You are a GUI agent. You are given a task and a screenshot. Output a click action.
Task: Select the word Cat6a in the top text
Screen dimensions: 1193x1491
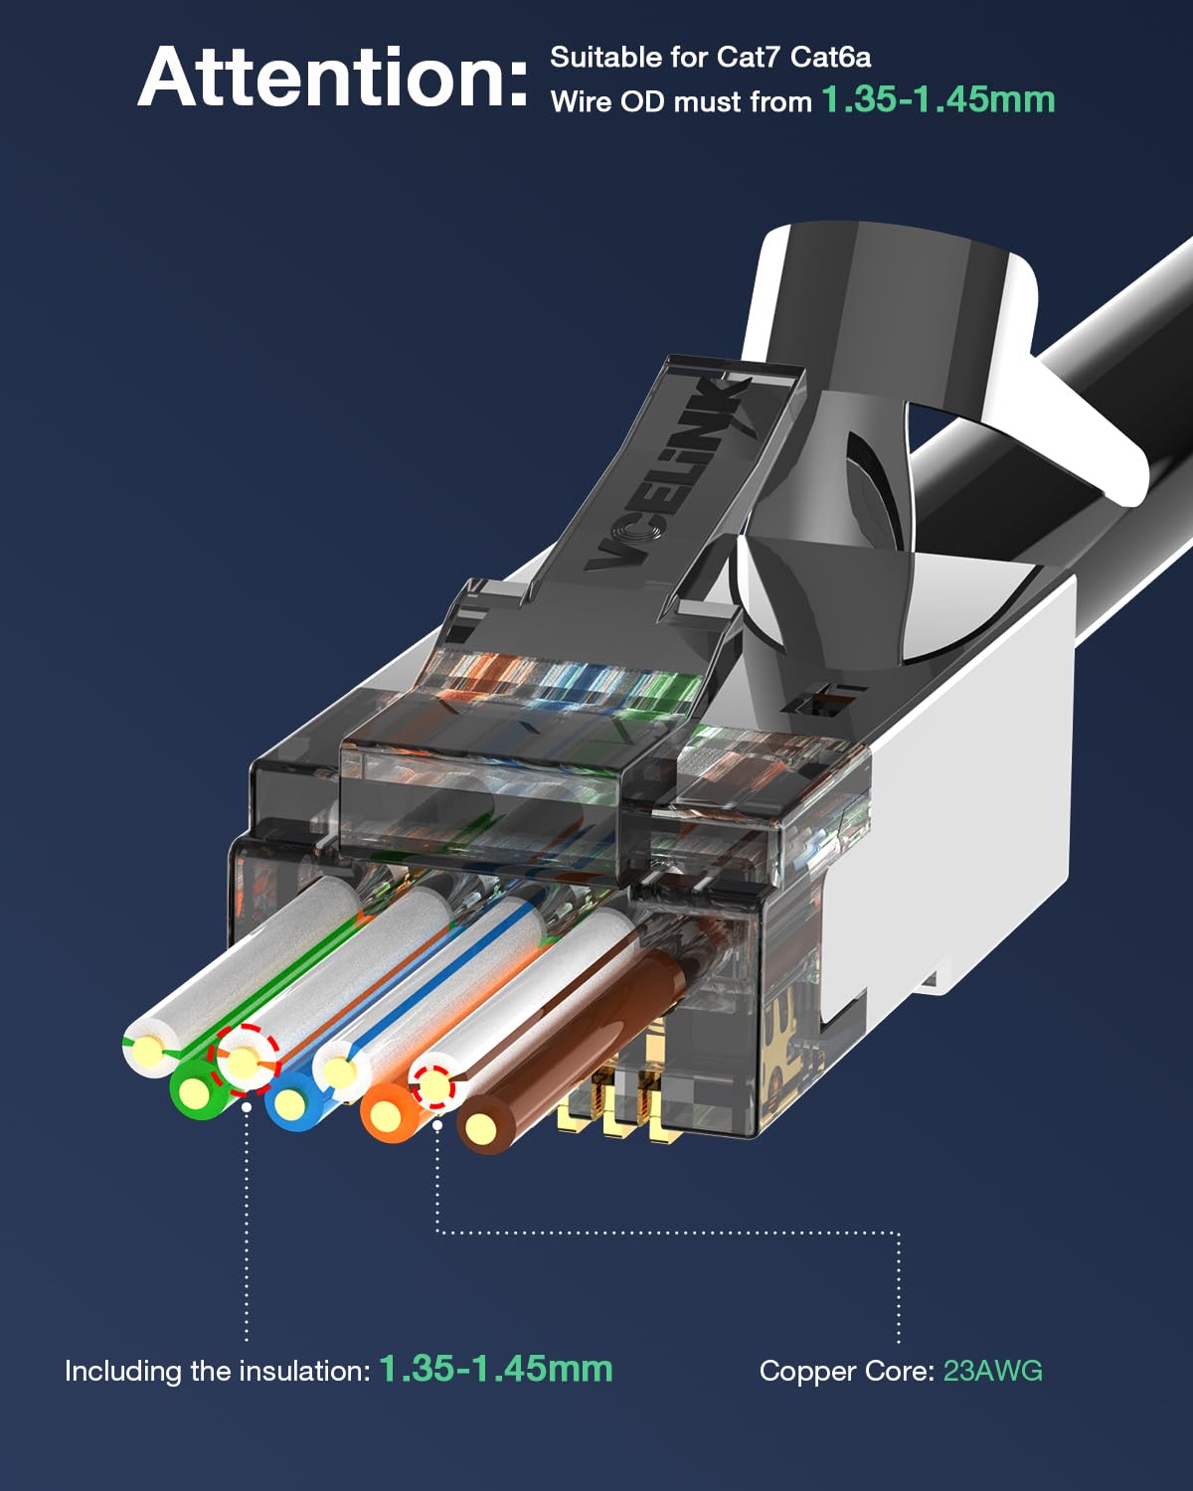pyautogui.click(x=830, y=58)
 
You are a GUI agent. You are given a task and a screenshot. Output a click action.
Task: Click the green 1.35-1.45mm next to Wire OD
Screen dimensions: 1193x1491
pyautogui.click(x=937, y=99)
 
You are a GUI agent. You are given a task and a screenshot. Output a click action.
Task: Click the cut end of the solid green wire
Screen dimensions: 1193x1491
pyautogui.click(x=197, y=1093)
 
